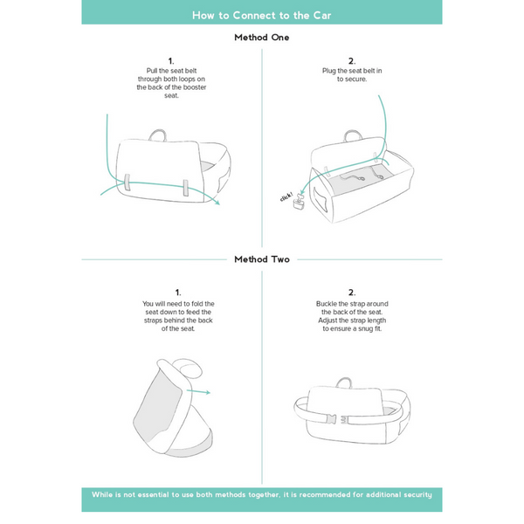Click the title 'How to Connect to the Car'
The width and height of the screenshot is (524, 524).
(x=262, y=15)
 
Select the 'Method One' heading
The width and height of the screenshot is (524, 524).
(x=262, y=38)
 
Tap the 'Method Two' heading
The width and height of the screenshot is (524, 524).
(x=262, y=259)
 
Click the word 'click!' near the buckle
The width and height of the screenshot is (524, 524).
(x=286, y=197)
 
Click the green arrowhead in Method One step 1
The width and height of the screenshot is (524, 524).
(x=217, y=206)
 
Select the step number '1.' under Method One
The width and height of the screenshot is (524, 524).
(x=171, y=61)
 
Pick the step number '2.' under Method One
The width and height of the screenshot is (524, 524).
(x=352, y=61)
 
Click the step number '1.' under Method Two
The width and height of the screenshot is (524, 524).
(x=177, y=292)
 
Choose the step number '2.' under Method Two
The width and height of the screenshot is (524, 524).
(x=352, y=292)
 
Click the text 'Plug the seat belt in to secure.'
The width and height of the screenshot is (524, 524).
(x=352, y=75)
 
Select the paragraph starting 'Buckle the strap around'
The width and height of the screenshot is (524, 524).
(x=352, y=316)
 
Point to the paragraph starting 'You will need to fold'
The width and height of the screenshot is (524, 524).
(x=177, y=316)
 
